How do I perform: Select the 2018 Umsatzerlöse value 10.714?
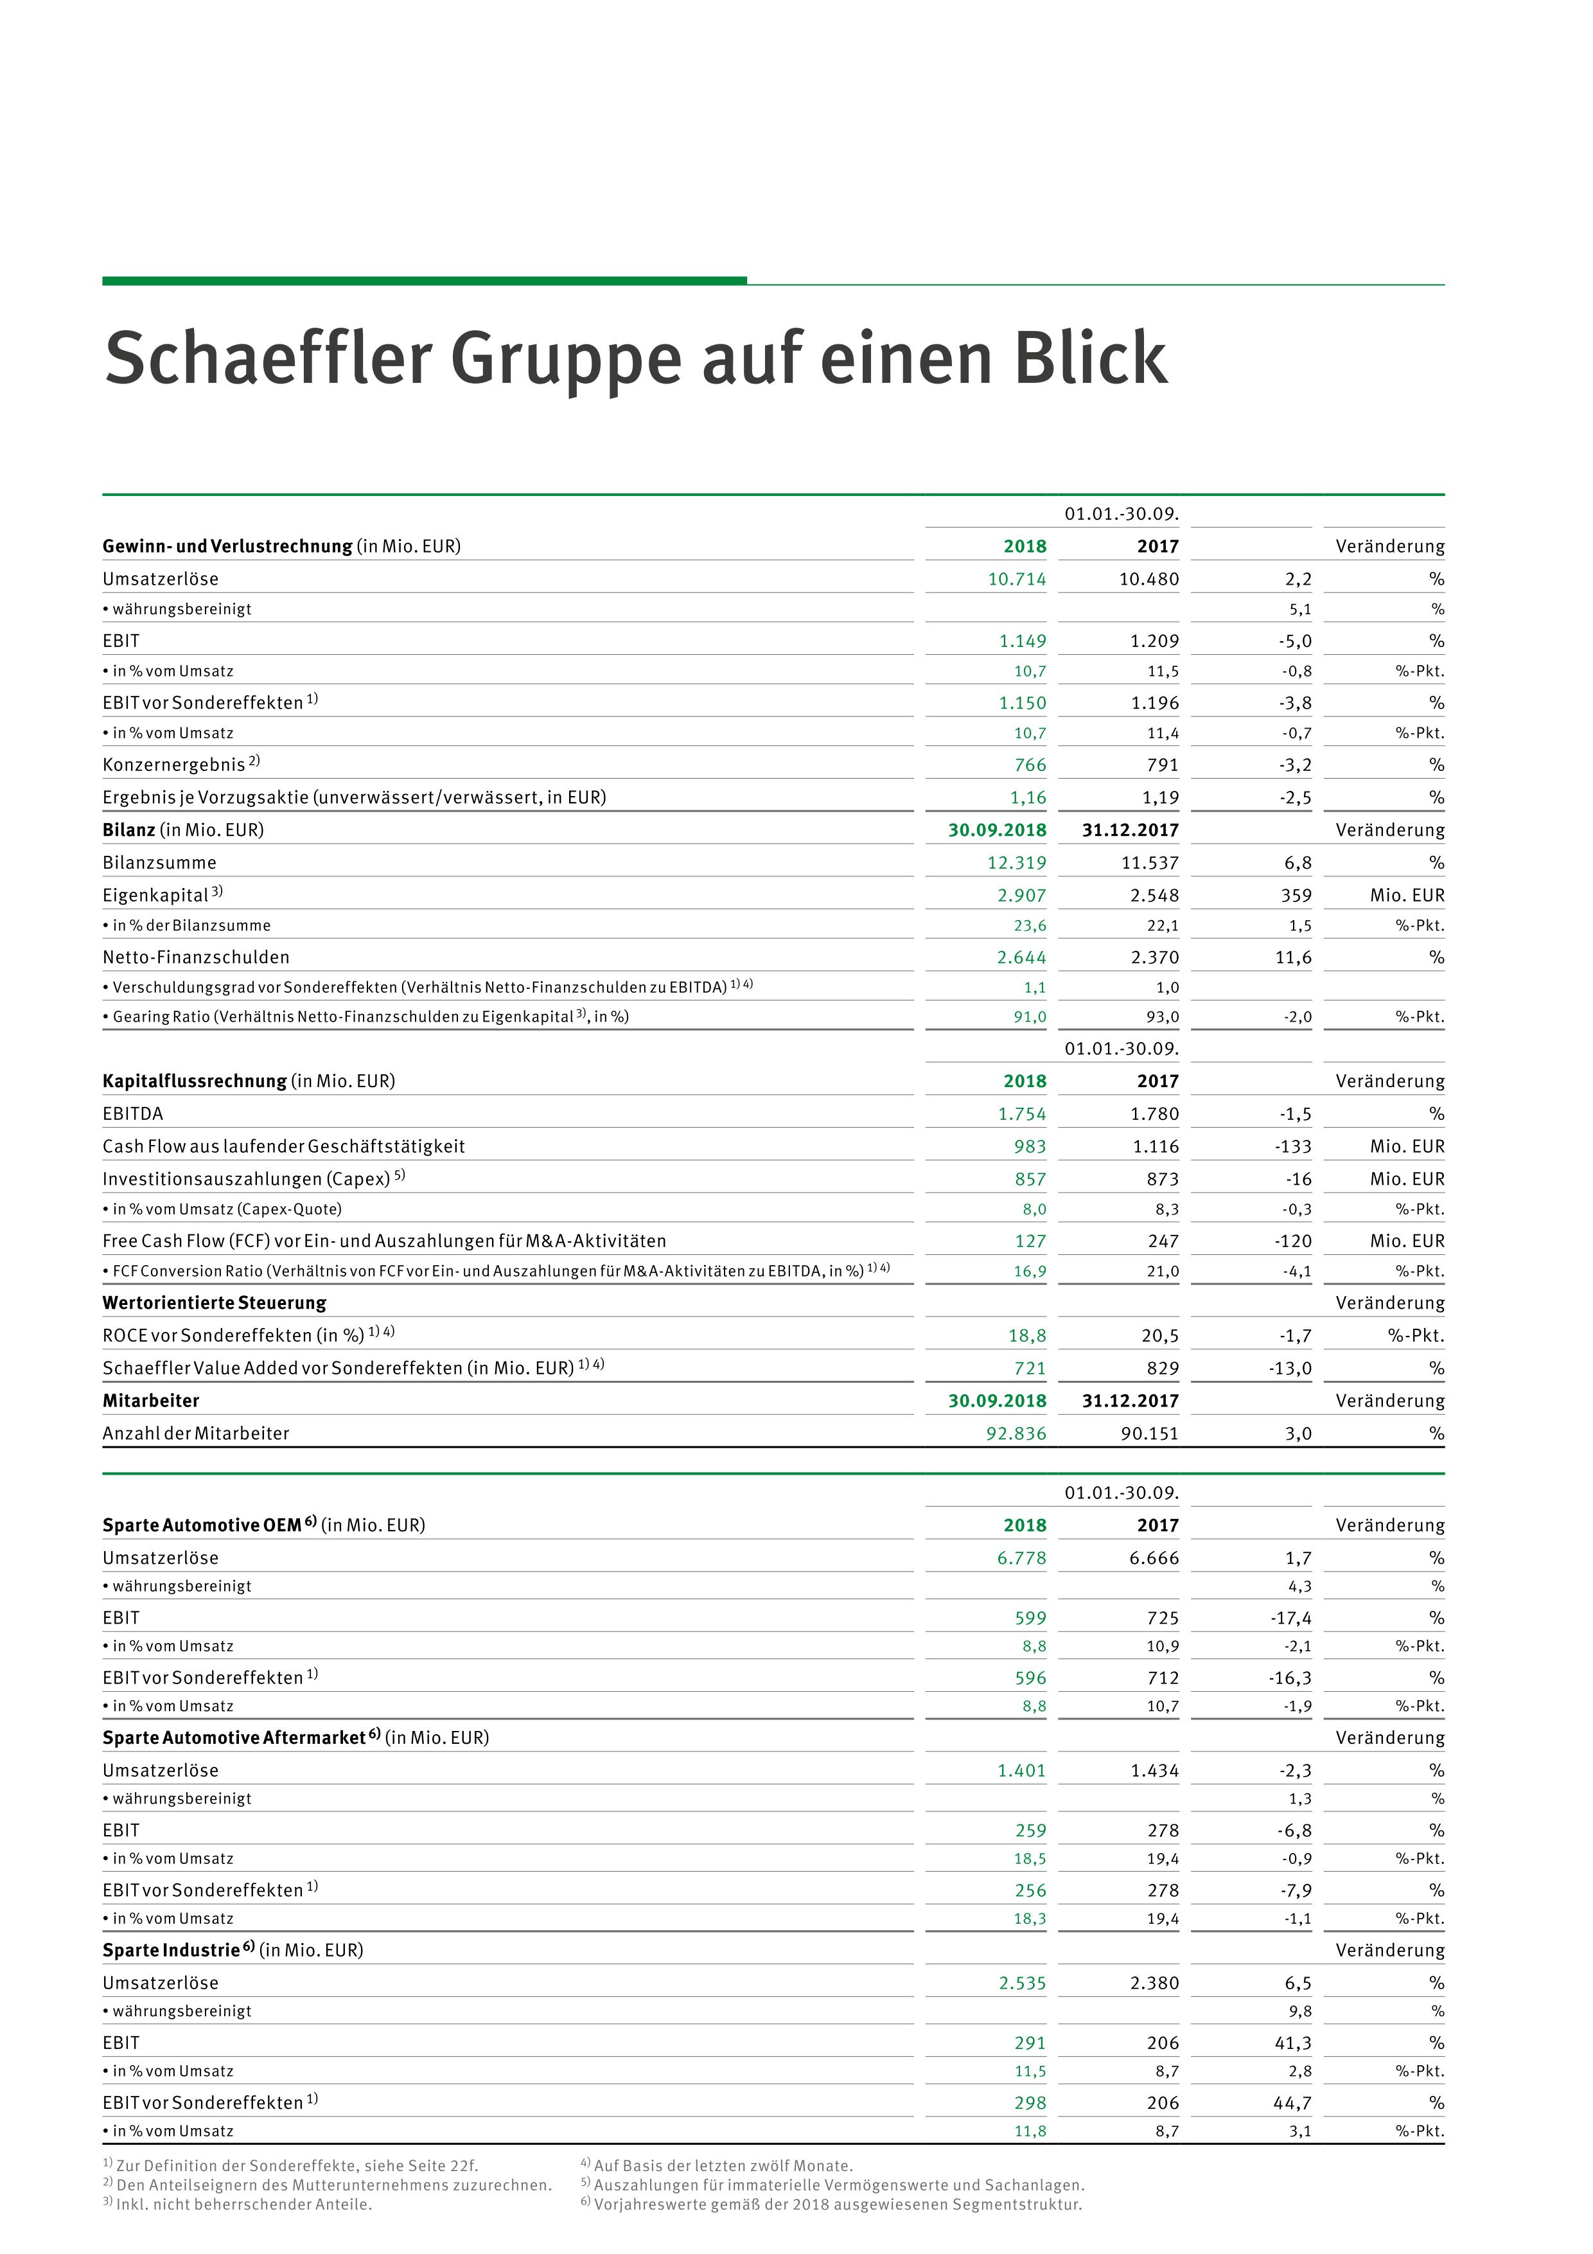(1017, 579)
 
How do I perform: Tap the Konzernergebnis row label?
(173, 765)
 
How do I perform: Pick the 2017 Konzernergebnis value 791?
(1162, 765)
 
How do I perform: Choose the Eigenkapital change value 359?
(1296, 895)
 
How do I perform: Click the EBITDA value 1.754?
(1022, 1114)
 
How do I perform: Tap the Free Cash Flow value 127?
(1030, 1241)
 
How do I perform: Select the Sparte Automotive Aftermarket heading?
(234, 1737)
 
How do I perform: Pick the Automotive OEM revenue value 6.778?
(1022, 1558)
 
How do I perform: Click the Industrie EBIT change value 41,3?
(1292, 2043)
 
